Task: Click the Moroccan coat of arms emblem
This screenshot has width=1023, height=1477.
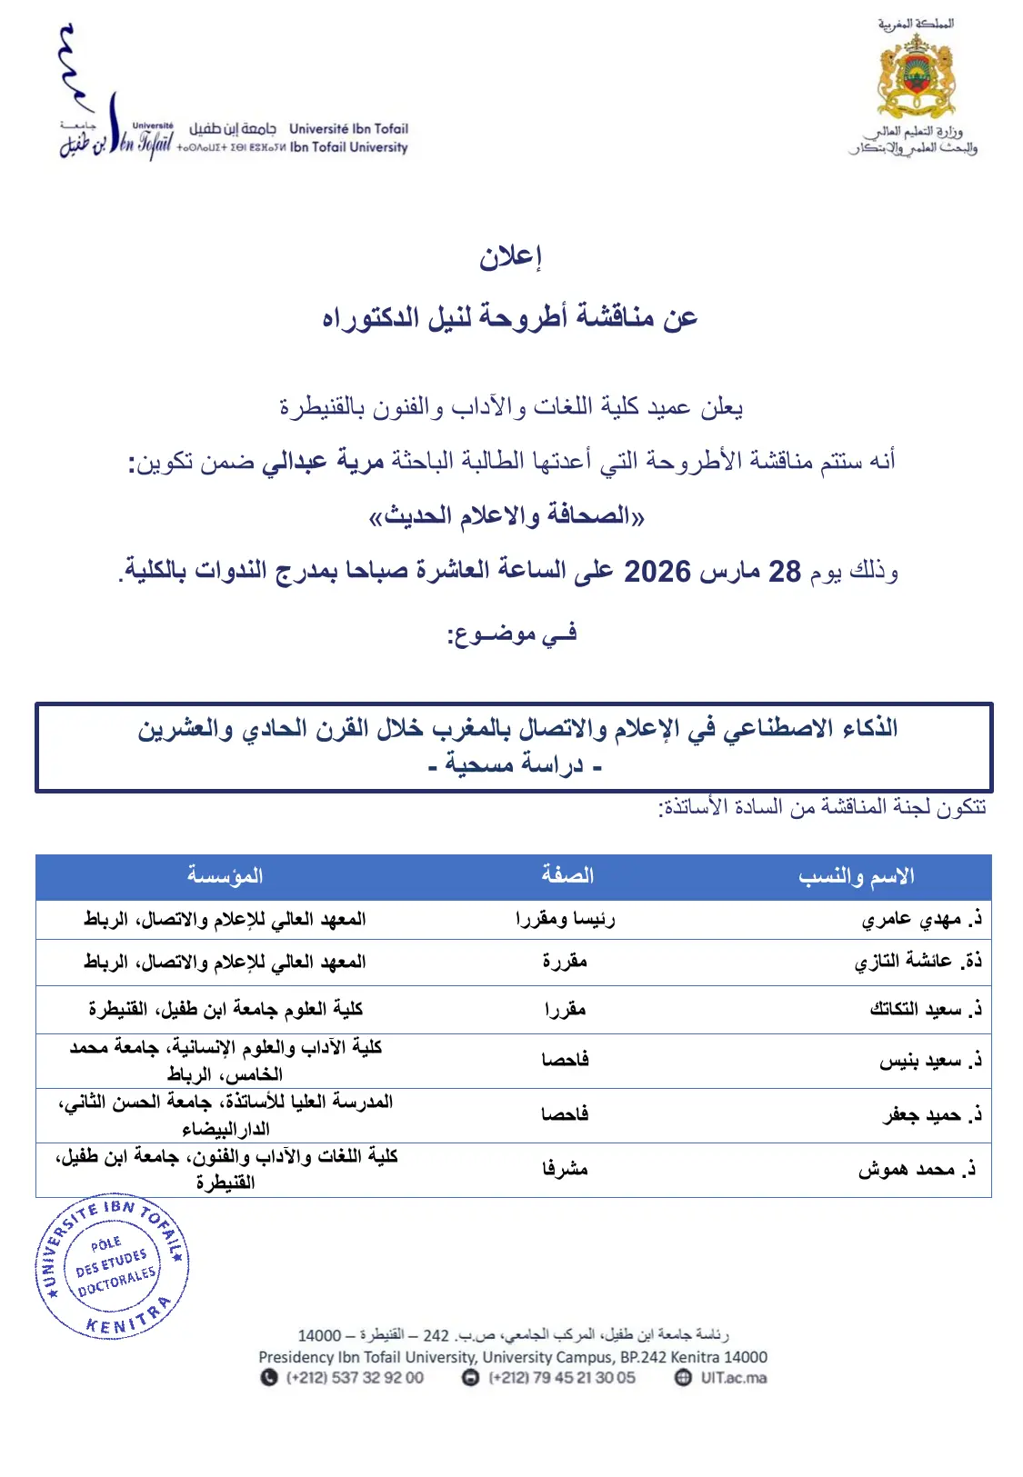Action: click(x=916, y=77)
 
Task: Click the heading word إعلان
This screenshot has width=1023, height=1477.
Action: click(x=511, y=257)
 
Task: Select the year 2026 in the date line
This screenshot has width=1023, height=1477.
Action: click(x=657, y=572)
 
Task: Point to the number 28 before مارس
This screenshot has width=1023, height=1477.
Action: click(x=785, y=572)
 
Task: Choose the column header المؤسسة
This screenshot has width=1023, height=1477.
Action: click(x=225, y=876)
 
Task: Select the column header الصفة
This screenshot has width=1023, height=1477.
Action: click(x=567, y=875)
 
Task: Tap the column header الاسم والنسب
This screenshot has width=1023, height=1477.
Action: click(x=856, y=876)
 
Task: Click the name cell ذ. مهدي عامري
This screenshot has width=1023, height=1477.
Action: click(x=921, y=920)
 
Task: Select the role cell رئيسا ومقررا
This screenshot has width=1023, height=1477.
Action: click(x=565, y=920)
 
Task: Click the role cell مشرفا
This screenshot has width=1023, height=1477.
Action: click(x=565, y=1169)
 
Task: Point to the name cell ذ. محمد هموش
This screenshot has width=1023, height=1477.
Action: click(x=917, y=1170)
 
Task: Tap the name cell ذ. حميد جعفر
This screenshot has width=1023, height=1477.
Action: click(x=932, y=1115)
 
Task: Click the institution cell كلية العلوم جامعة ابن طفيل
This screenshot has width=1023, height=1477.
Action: click(x=226, y=1009)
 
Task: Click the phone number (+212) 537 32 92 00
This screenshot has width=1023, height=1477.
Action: click(x=355, y=1377)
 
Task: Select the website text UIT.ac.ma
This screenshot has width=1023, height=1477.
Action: click(x=733, y=1377)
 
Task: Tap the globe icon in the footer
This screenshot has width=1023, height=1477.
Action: click(x=683, y=1377)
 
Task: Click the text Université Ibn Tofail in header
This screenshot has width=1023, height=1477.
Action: click(x=348, y=129)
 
